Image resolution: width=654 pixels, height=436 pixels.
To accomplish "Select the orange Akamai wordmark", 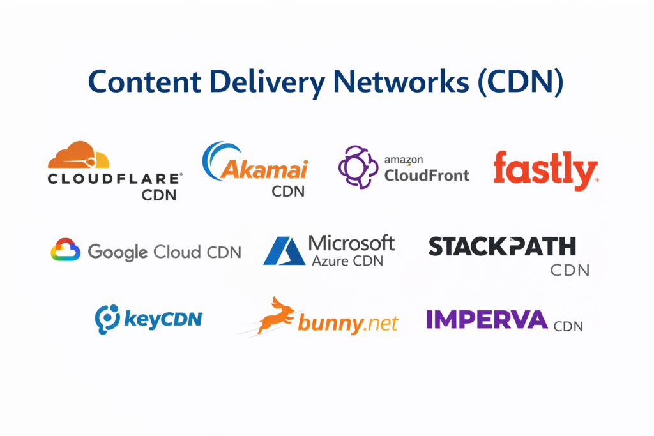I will point(264,170).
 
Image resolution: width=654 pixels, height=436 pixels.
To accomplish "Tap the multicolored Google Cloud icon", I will point(65,250).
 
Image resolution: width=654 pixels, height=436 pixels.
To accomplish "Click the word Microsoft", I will point(351,243).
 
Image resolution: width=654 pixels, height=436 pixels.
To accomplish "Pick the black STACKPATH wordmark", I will point(502,246).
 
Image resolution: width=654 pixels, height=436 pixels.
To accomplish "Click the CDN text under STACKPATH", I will point(570,270).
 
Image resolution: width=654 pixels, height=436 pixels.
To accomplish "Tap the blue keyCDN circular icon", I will point(107,318).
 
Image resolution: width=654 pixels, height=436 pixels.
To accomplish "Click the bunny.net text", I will point(347,324).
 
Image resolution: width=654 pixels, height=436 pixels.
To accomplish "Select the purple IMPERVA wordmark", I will point(487,319).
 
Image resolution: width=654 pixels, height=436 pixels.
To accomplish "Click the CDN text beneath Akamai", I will point(288,191).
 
